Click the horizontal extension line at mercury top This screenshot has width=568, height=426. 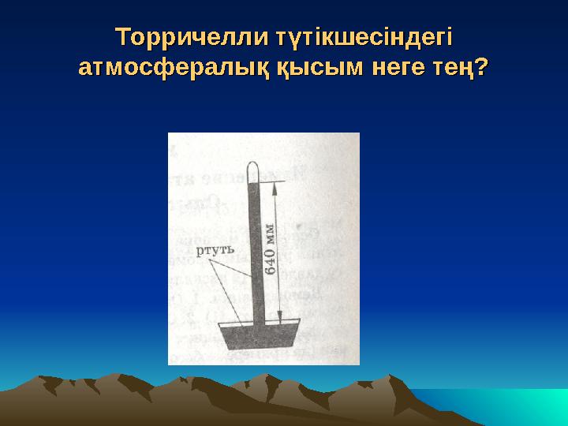pos(272,182)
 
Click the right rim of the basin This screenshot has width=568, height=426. pos(297,323)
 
